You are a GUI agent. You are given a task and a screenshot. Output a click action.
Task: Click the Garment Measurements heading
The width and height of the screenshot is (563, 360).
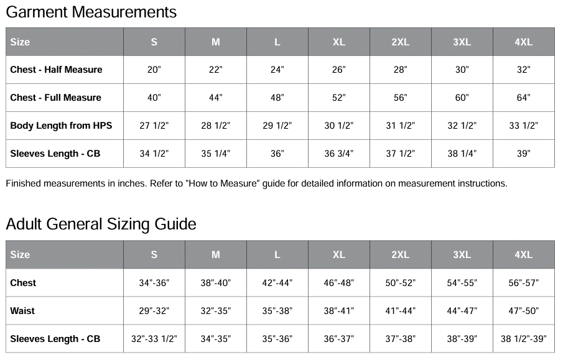click(91, 12)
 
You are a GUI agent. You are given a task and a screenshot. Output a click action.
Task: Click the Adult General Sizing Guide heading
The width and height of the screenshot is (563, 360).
click(101, 224)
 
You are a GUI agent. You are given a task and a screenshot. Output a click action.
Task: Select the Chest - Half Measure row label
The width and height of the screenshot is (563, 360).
click(56, 70)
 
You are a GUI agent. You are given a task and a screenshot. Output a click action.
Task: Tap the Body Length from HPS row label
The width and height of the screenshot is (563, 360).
click(61, 126)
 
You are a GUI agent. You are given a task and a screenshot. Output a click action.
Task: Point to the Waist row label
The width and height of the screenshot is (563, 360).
click(22, 311)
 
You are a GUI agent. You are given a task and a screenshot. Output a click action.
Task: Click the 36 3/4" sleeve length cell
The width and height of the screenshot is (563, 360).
click(338, 154)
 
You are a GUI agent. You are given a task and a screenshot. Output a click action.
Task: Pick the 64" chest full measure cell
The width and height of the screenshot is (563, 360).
click(523, 98)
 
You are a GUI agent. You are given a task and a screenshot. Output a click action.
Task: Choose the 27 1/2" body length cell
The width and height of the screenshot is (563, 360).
click(154, 126)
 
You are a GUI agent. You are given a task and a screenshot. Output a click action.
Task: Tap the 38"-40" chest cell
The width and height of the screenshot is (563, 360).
click(216, 283)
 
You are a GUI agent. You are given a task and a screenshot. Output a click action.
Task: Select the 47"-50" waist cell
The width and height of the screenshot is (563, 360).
click(523, 311)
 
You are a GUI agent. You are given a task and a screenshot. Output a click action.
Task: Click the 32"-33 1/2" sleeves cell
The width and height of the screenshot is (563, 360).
click(154, 339)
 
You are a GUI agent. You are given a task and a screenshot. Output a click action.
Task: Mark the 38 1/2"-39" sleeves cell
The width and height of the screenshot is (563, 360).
click(523, 339)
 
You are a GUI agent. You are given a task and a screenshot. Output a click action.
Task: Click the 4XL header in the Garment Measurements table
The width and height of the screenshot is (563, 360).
click(523, 42)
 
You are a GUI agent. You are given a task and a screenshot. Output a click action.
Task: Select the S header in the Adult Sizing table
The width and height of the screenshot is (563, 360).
click(154, 255)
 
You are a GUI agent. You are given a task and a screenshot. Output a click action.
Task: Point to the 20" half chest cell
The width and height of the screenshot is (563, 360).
click(154, 70)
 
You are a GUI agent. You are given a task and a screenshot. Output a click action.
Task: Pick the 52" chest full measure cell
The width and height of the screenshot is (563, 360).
click(338, 98)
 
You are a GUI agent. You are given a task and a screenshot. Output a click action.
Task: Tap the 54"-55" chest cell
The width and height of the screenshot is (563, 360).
click(462, 283)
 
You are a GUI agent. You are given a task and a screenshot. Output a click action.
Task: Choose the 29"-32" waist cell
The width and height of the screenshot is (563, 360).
click(154, 311)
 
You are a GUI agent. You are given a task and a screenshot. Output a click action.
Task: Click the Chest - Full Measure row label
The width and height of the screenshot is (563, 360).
click(55, 98)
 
